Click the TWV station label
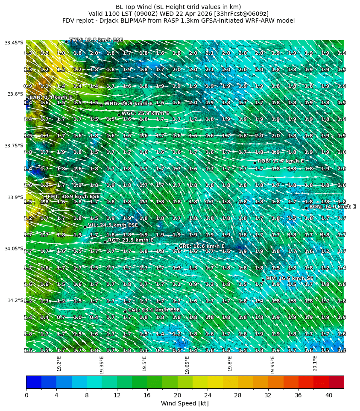[96, 40]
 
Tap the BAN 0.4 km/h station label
[50, 98]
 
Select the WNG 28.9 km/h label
[128, 103]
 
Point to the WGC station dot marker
[119, 114]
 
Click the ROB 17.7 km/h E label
[281, 161]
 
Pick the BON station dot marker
[306, 208]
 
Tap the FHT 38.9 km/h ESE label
[73, 197]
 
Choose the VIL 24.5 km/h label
[113, 225]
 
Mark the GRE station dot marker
[176, 247]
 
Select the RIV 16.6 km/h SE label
[290, 278]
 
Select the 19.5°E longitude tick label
[144, 364]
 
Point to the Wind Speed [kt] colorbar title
[184, 403]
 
